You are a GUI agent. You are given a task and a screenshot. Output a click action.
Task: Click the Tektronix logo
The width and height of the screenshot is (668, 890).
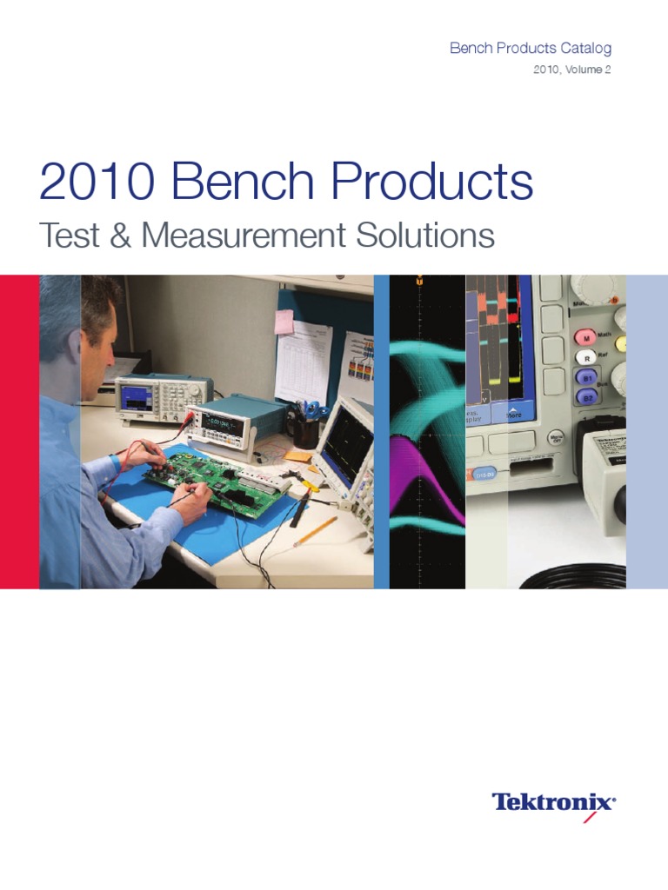(x=554, y=802)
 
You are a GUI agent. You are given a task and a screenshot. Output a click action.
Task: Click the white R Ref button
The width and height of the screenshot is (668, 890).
(x=588, y=356)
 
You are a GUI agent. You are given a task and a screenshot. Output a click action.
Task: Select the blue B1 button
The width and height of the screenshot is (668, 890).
(x=587, y=377)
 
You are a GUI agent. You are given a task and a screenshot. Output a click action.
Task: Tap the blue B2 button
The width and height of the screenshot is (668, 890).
(x=587, y=397)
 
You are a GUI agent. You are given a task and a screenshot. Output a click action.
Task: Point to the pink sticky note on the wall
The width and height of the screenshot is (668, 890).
(x=284, y=322)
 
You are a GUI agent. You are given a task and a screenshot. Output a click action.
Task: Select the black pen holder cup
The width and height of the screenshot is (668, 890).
(x=304, y=432)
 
